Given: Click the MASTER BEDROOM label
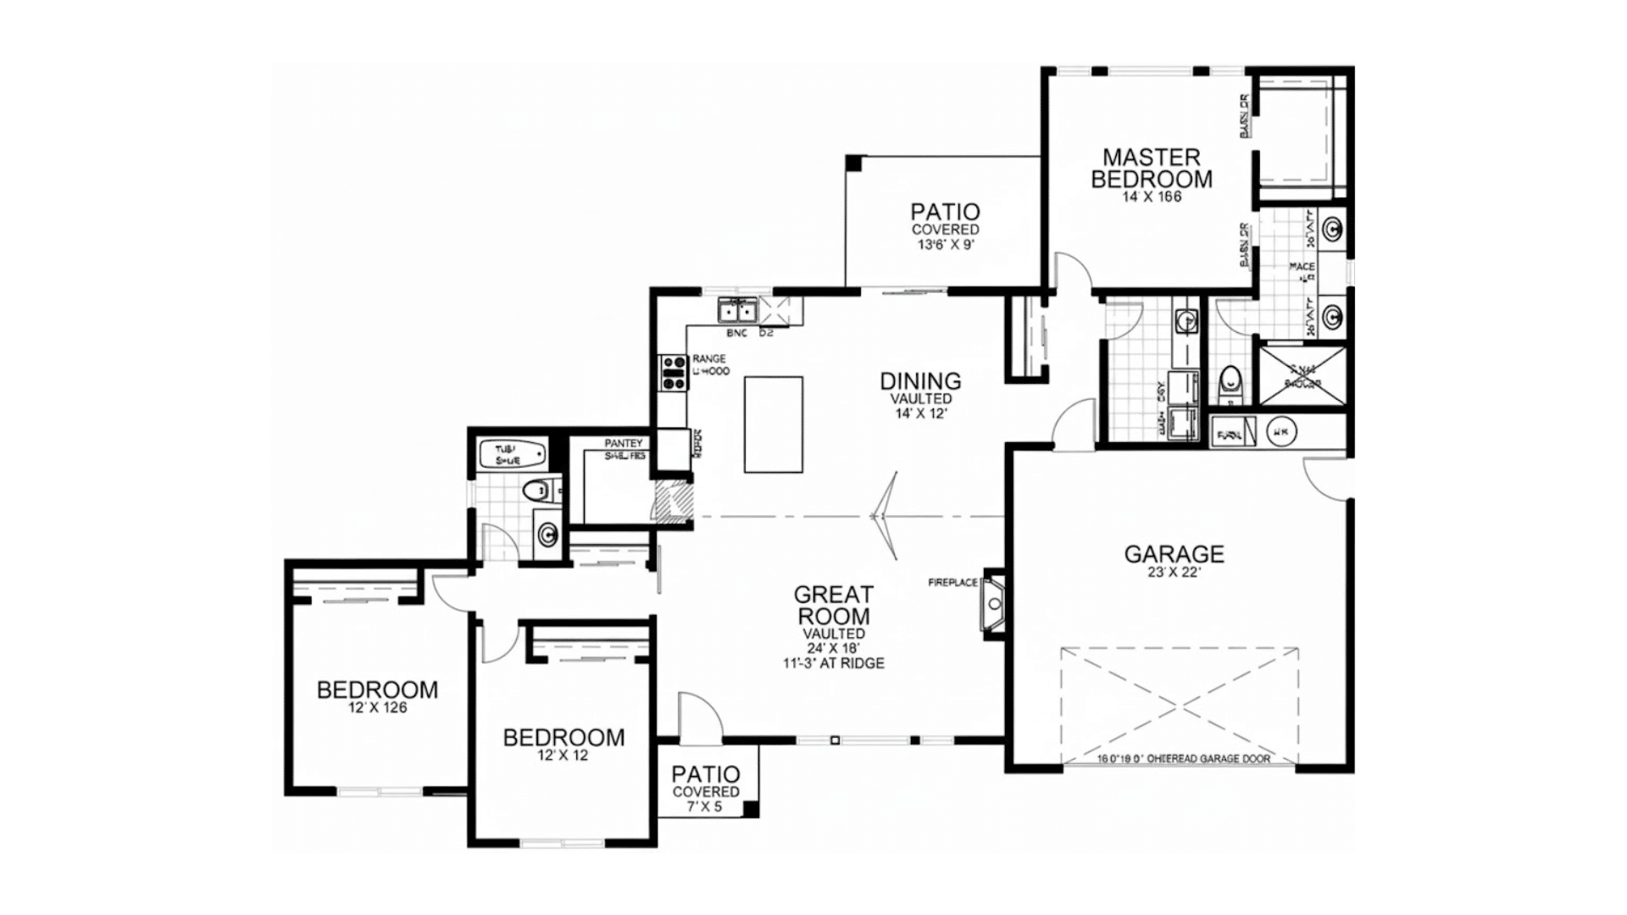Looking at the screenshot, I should click(1151, 168).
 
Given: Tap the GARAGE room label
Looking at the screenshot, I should click(1174, 554).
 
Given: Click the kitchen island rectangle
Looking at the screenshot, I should click(773, 424).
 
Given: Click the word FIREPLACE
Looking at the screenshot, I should click(953, 583).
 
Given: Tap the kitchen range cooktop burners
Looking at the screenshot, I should click(674, 373).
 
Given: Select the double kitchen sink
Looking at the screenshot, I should click(737, 312).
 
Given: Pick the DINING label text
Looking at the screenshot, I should click(920, 381).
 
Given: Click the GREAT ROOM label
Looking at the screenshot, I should click(833, 606).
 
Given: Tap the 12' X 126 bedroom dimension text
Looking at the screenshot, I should click(377, 707).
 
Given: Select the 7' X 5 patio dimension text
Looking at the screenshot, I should click(705, 807).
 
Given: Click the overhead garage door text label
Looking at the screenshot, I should click(1183, 759).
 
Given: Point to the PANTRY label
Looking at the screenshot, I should click(624, 444).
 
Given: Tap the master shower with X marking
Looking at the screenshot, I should click(1302, 374).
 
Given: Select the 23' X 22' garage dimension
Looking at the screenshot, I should click(1174, 572).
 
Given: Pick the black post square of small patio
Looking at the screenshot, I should click(749, 807).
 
